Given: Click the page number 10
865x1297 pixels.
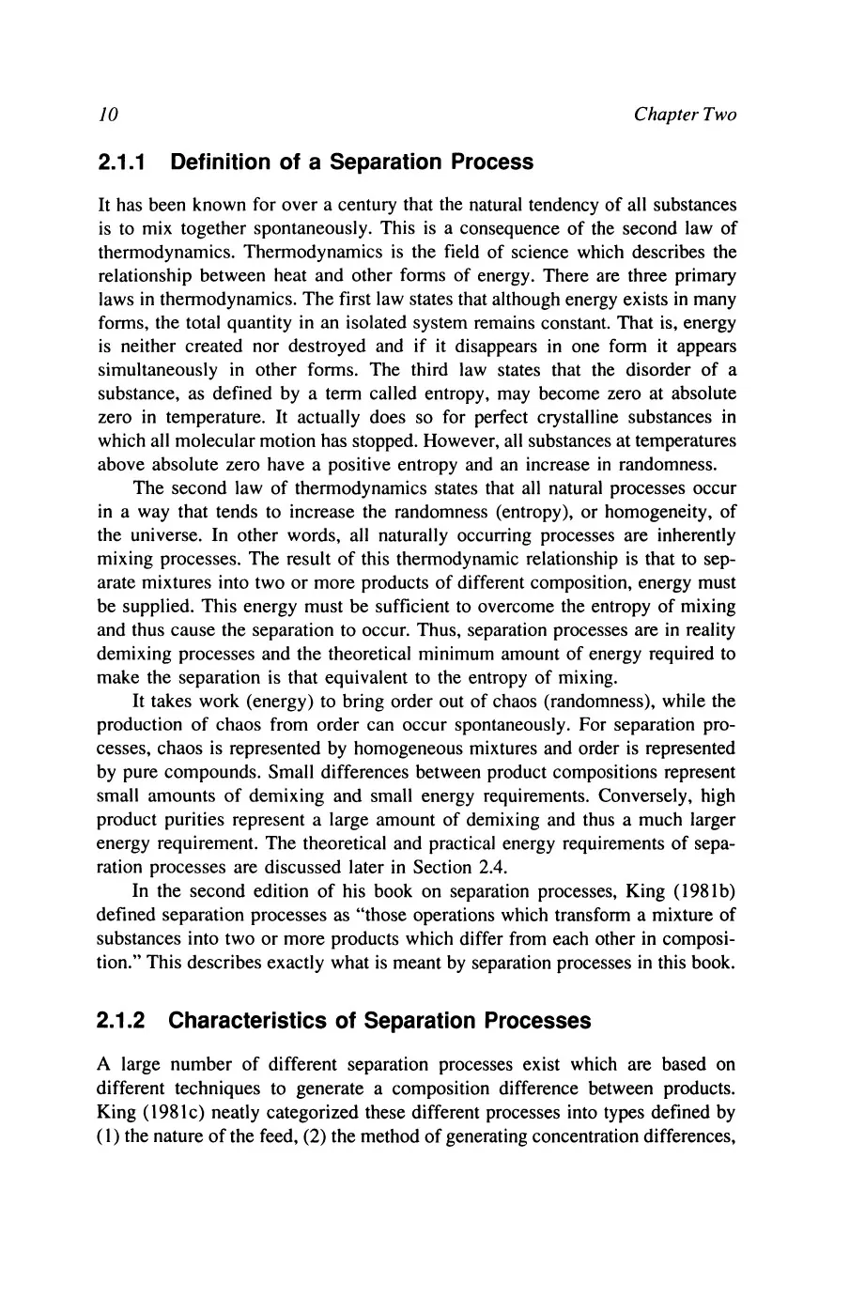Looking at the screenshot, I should pos(106,115).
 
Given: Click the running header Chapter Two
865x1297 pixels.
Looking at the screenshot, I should pos(685,115).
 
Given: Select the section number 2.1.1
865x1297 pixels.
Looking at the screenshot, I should pos(125,162).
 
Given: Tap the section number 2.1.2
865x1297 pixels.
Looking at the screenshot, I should pos(125,1021).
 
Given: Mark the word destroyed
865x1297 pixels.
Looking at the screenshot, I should pos(324,347).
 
